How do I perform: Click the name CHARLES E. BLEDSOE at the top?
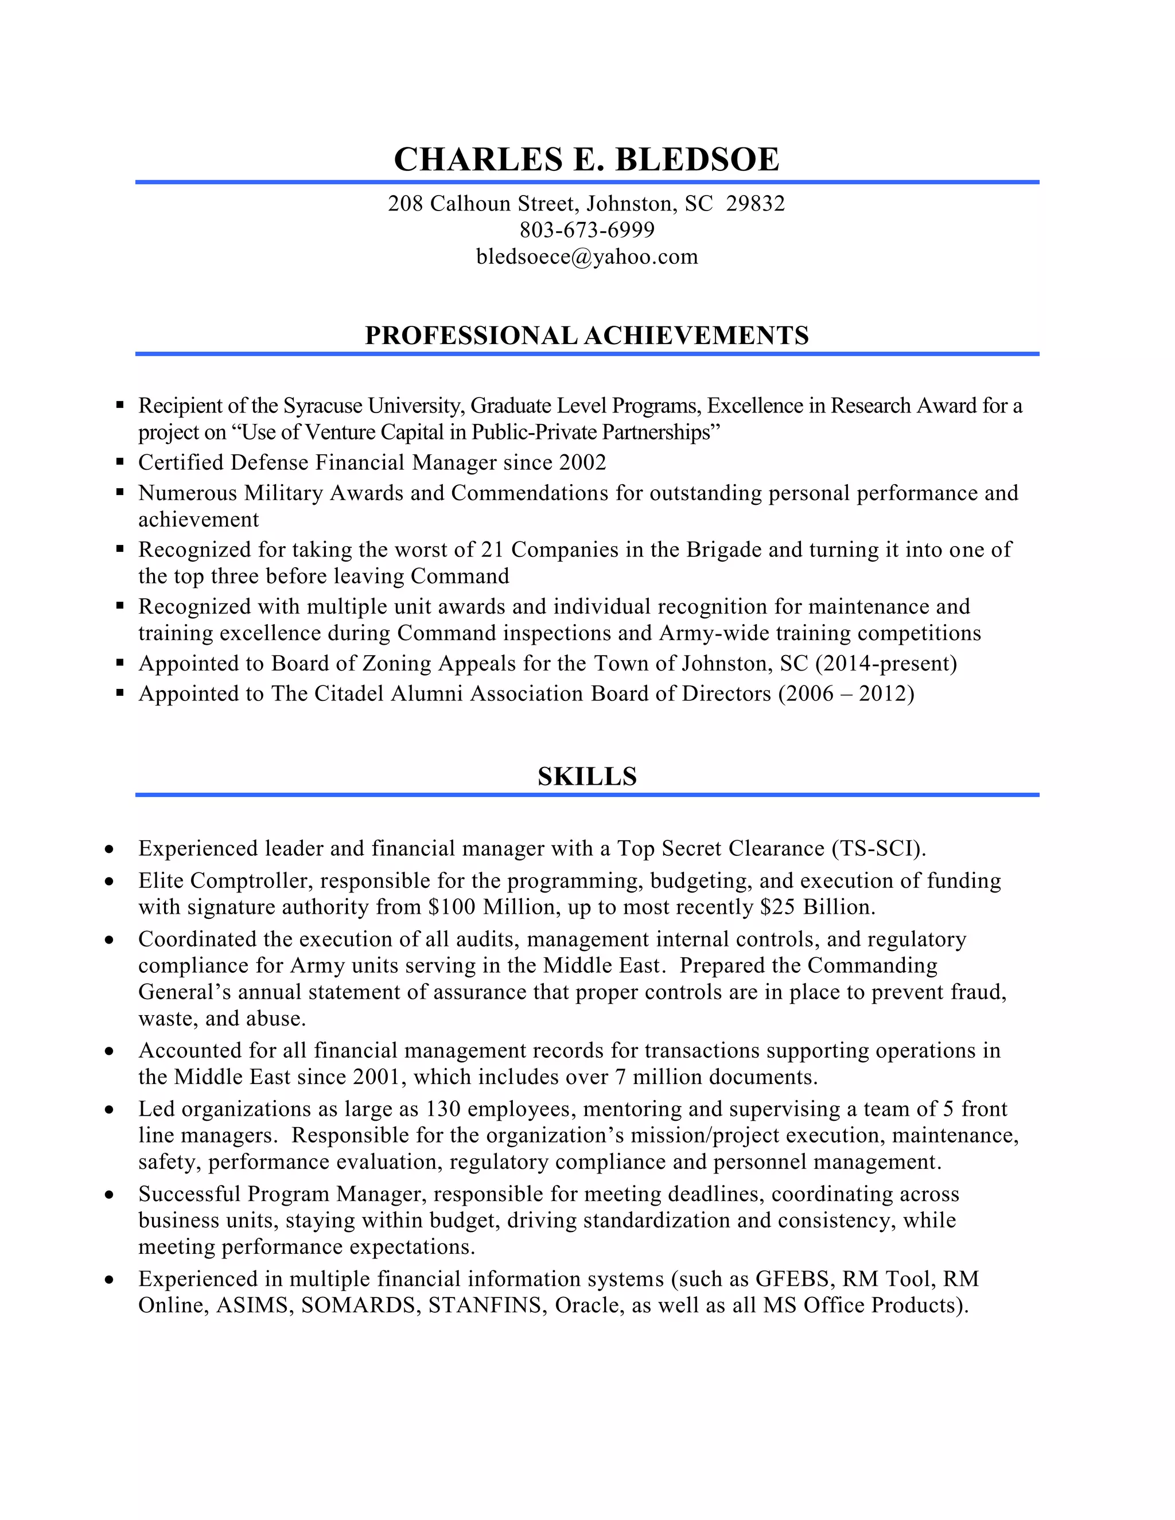(x=587, y=159)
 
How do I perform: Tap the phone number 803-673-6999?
(x=587, y=229)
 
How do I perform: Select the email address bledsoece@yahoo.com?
(x=587, y=257)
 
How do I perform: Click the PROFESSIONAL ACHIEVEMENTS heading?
(x=587, y=336)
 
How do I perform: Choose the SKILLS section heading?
(x=587, y=776)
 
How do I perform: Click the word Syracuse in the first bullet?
(x=322, y=406)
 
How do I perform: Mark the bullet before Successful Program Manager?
(x=109, y=1195)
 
